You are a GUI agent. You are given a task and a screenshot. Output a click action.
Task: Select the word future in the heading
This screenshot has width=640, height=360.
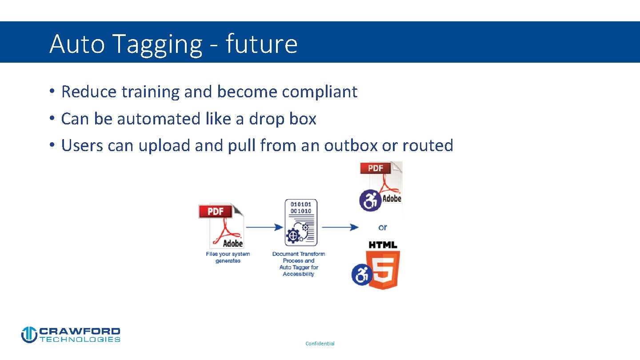click(261, 44)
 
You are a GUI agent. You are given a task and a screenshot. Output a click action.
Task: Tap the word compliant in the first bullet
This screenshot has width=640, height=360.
click(320, 92)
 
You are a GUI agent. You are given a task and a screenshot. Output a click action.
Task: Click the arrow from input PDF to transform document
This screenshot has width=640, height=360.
click(264, 228)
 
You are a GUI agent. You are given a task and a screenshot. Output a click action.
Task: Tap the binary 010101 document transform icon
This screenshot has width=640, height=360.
click(301, 223)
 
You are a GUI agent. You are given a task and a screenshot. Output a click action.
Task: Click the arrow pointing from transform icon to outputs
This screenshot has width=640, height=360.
click(340, 228)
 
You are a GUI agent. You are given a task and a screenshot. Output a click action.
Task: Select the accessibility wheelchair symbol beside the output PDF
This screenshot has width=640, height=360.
click(370, 200)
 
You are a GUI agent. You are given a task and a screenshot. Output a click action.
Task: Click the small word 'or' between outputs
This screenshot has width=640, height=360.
click(383, 227)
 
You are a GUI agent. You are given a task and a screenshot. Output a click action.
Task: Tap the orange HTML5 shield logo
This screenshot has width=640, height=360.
click(383, 270)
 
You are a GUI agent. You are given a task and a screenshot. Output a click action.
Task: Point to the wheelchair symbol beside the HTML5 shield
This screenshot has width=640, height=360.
click(362, 275)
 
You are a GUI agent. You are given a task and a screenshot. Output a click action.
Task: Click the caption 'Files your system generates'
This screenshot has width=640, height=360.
click(228, 257)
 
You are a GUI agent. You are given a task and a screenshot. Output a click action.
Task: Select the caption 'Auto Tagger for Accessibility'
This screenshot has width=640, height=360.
click(299, 271)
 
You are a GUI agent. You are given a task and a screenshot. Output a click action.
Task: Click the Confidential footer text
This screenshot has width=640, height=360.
click(320, 344)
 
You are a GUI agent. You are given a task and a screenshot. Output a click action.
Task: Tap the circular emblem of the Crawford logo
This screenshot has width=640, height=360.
click(29, 335)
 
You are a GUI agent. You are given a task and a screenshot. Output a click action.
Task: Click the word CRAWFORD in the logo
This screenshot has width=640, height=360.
click(80, 331)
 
